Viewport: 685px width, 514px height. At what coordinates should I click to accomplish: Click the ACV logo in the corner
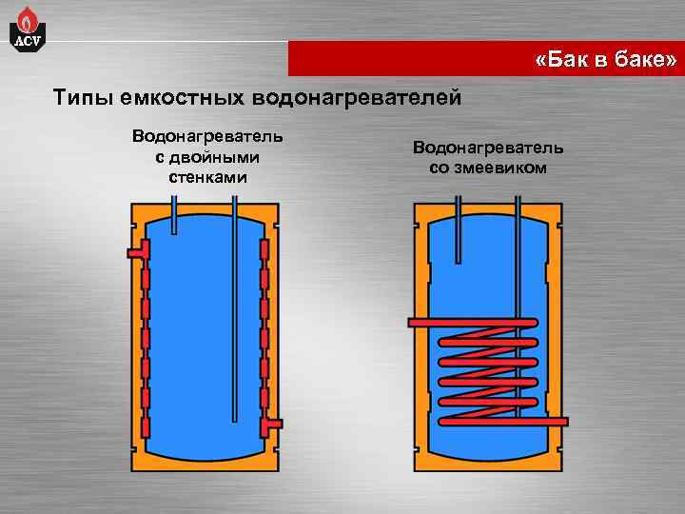point(27,29)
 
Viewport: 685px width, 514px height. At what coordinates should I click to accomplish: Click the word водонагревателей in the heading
point(357,97)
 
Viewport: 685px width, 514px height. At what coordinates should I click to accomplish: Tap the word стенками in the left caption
point(207,177)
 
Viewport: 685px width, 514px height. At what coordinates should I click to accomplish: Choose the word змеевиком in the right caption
point(499,168)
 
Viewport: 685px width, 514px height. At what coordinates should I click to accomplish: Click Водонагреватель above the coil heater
point(488,148)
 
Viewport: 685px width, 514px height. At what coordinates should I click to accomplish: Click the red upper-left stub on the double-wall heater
point(135,251)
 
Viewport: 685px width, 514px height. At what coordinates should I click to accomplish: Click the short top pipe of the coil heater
point(459,228)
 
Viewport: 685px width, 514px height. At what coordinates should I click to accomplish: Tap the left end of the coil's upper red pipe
point(416,324)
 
